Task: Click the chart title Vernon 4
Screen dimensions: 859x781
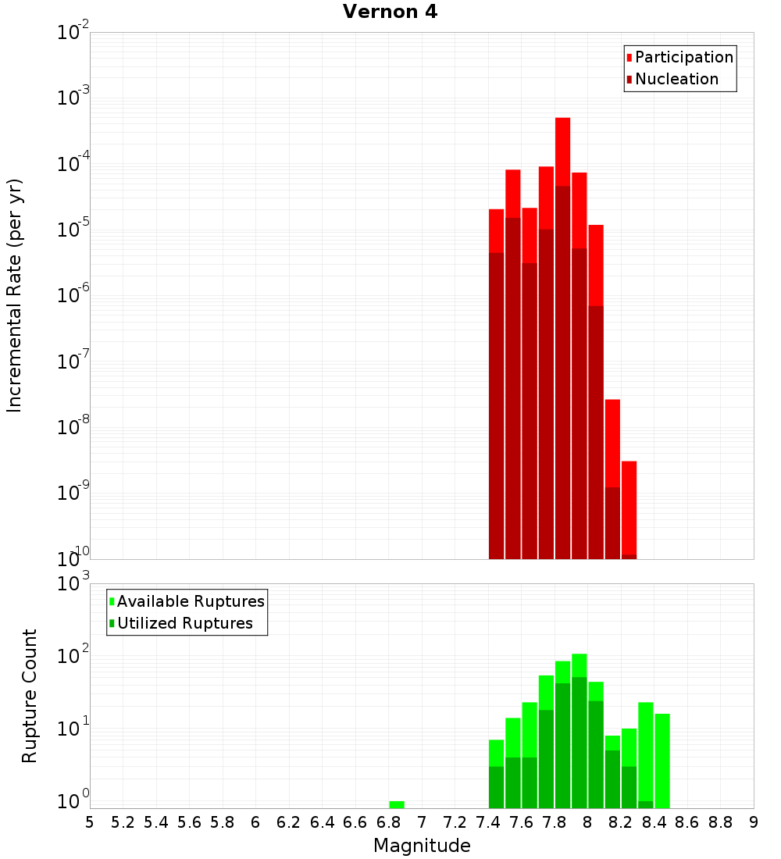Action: coord(390,12)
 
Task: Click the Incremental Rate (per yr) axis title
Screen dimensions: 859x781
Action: coord(15,296)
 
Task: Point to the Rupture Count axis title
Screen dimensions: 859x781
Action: coord(30,696)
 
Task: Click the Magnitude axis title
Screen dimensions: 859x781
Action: coord(422,846)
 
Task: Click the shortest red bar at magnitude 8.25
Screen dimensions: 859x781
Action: coord(629,508)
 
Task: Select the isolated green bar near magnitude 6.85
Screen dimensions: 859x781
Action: coord(397,804)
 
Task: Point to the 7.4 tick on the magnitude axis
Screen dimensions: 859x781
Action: coord(488,822)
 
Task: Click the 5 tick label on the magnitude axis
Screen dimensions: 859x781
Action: coord(90,822)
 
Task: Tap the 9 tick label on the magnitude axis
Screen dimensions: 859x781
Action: coord(754,822)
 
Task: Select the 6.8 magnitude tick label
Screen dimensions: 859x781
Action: coord(389,822)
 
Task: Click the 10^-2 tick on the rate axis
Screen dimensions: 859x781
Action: coord(73,33)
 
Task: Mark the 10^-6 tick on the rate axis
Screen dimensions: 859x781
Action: coord(73,296)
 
